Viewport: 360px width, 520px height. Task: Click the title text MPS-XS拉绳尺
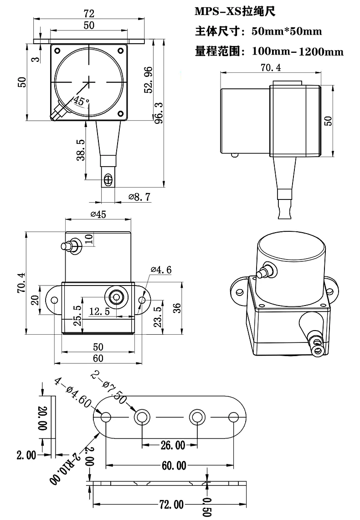(235, 12)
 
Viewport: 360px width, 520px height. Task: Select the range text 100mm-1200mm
(298, 51)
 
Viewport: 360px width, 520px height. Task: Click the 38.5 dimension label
(81, 150)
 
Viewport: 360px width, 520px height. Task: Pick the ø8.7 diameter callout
(139, 197)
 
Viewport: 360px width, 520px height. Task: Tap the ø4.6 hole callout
(161, 270)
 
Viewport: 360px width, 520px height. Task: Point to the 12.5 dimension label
(99, 311)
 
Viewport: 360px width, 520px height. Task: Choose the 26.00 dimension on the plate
(170, 445)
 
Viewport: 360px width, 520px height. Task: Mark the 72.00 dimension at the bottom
(172, 505)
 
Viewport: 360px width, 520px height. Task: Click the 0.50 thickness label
(206, 506)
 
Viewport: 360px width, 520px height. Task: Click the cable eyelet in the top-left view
(108, 179)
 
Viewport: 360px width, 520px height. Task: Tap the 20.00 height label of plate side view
(42, 418)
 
